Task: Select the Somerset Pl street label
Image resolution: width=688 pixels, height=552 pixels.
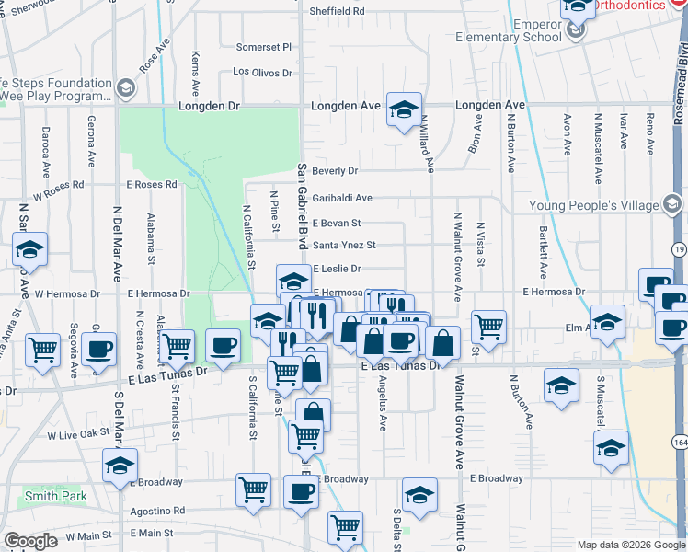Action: pyautogui.click(x=263, y=47)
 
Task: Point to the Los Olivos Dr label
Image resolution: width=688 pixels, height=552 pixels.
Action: pyautogui.click(x=262, y=72)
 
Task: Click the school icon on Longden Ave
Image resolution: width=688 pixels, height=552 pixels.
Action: pyautogui.click(x=403, y=110)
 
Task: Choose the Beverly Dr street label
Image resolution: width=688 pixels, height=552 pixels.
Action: pyautogui.click(x=335, y=171)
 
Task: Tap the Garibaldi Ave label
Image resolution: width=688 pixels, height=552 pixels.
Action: pyautogui.click(x=342, y=198)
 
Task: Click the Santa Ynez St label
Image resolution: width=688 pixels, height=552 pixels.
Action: pyautogui.click(x=345, y=246)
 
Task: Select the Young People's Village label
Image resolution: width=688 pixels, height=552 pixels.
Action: pyautogui.click(x=595, y=205)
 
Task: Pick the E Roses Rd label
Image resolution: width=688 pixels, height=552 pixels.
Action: pyautogui.click(x=152, y=185)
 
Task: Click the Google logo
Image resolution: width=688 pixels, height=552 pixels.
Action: pyautogui.click(x=30, y=541)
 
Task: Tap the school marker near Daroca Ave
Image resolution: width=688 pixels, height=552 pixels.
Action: pyautogui.click(x=29, y=249)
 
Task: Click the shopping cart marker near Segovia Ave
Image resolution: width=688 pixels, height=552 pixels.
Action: pyautogui.click(x=43, y=350)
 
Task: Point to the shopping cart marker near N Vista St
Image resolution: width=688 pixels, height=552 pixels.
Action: pyautogui.click(x=488, y=326)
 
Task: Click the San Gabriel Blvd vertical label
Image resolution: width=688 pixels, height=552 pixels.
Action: pyautogui.click(x=301, y=207)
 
